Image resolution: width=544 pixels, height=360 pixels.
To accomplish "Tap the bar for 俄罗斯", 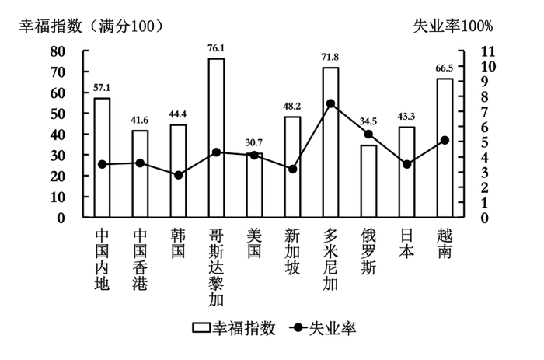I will [x=368, y=181].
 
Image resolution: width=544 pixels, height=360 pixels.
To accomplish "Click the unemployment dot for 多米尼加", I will [x=330, y=103].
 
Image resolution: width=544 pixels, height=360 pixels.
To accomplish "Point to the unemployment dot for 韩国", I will [x=178, y=175].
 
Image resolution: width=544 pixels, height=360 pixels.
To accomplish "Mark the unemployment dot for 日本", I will [x=406, y=164].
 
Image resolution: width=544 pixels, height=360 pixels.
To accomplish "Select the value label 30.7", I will [x=255, y=141].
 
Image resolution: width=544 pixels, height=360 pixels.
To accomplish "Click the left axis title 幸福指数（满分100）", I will [x=91, y=26].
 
